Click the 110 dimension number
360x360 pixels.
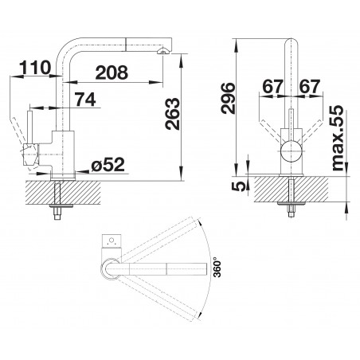pyautogui.click(x=35, y=67)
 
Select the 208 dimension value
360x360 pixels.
pyautogui.click(x=112, y=72)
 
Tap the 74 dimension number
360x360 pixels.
pyautogui.click(x=85, y=100)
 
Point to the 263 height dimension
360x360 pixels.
pyautogui.click(x=172, y=114)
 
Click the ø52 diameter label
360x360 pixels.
pyautogui.click(x=108, y=165)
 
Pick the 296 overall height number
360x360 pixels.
pyautogui.click(x=228, y=98)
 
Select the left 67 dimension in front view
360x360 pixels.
pyautogui.click(x=272, y=86)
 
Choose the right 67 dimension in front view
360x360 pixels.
pyautogui.click(x=310, y=86)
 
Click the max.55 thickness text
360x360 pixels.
pyautogui.click(x=337, y=138)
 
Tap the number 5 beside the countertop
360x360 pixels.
pyautogui.click(x=239, y=186)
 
